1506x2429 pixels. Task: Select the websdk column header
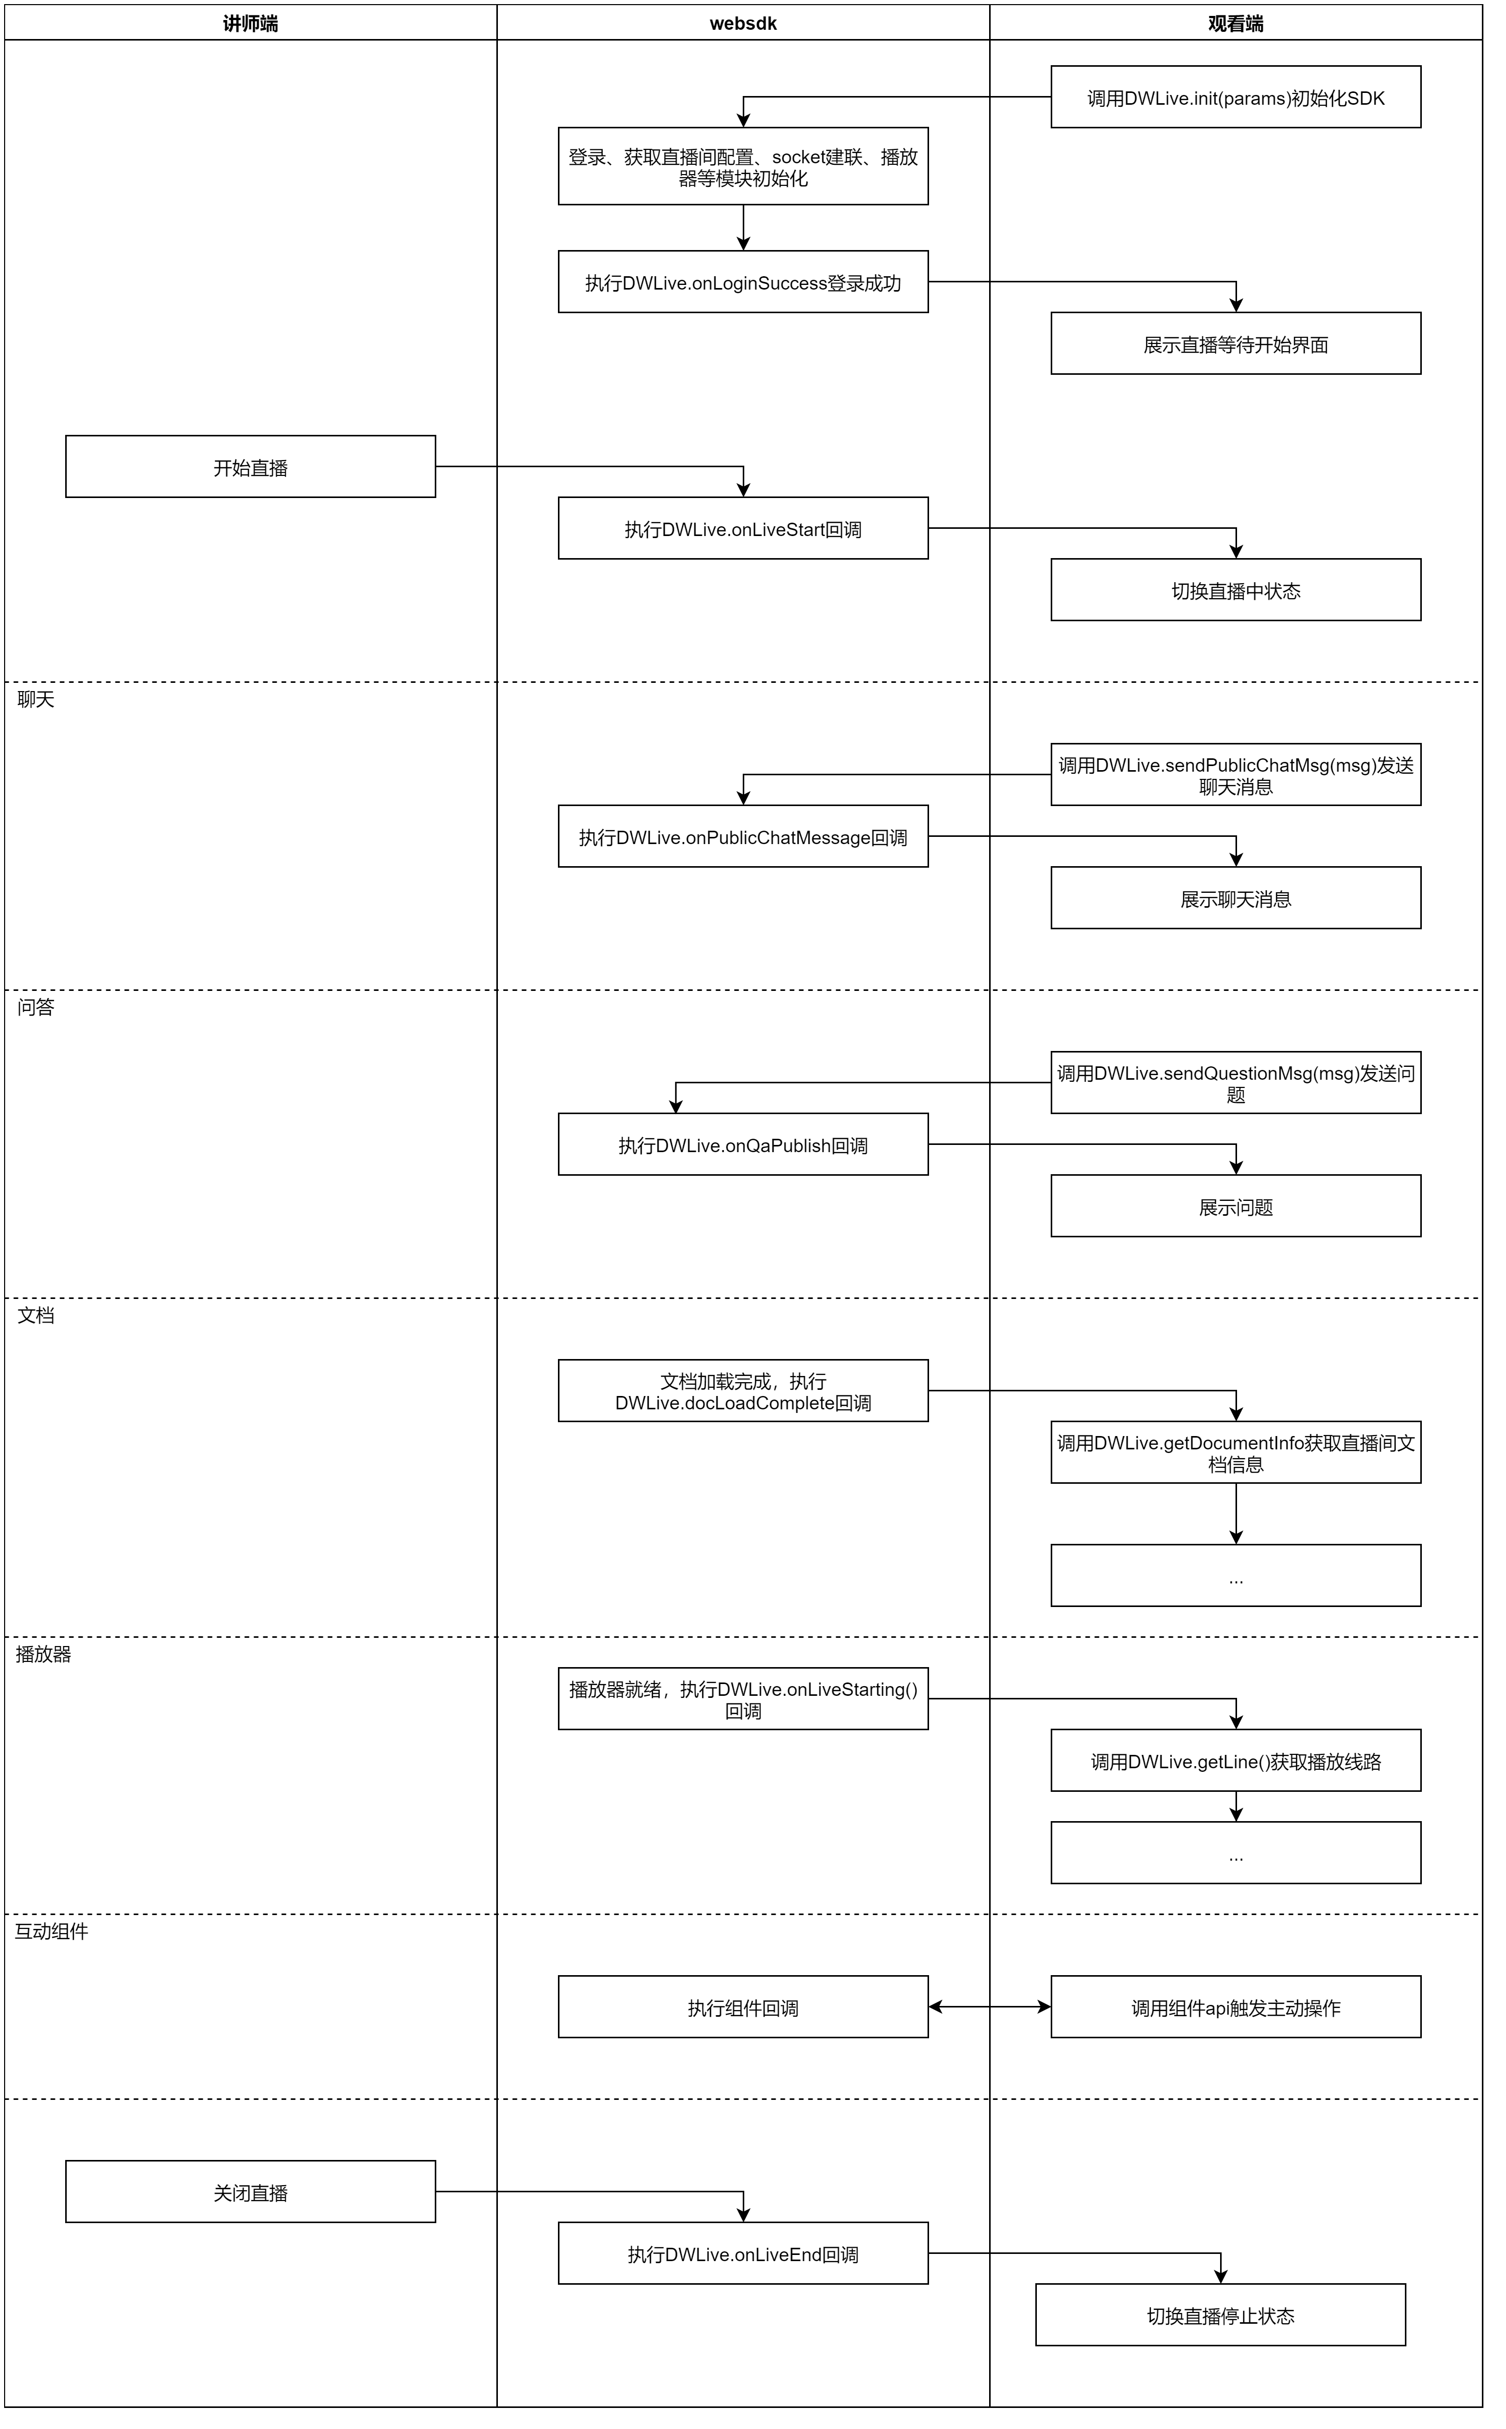[743, 23]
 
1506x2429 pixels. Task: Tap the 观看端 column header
[1236, 23]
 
